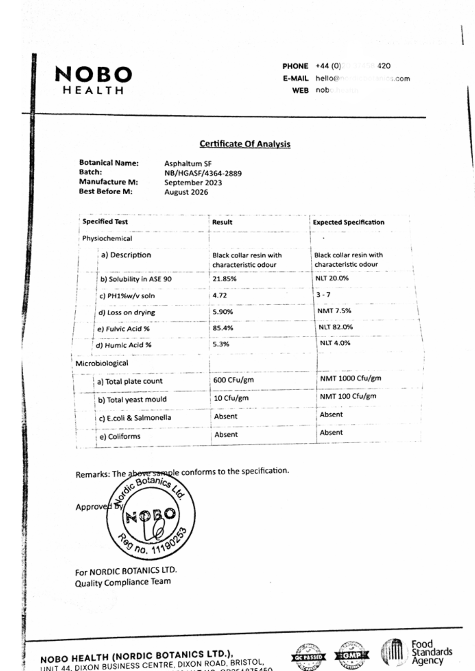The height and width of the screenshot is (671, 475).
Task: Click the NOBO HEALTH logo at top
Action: pos(93,80)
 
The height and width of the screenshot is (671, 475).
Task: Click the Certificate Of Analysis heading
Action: pos(245,144)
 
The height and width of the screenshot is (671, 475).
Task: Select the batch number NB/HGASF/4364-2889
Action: pos(203,173)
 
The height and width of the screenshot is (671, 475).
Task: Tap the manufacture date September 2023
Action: pos(193,183)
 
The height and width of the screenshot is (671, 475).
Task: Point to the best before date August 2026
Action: pos(186,192)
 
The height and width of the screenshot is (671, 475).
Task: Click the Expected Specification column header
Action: pos(348,222)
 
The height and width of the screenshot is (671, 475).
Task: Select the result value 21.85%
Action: pos(224,279)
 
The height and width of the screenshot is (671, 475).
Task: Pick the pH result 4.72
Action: pos(220,295)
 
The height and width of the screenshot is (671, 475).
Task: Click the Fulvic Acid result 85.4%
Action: pos(223,328)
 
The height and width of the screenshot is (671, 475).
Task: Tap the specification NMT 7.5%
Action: pos(334,311)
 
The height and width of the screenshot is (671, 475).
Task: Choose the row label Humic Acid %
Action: pos(124,345)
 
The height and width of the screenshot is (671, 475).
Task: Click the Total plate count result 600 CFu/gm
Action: pos(233,380)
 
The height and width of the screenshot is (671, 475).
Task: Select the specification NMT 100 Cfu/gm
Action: pos(348,396)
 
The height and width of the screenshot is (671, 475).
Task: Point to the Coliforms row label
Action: pos(120,436)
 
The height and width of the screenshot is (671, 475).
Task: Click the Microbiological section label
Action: pos(102,363)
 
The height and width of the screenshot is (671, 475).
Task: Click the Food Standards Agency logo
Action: pos(417,652)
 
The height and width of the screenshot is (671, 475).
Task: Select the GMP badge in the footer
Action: pos(351,655)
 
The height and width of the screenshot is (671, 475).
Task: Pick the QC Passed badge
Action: pos(308,657)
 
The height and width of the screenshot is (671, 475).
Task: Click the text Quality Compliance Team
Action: pos(123,582)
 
